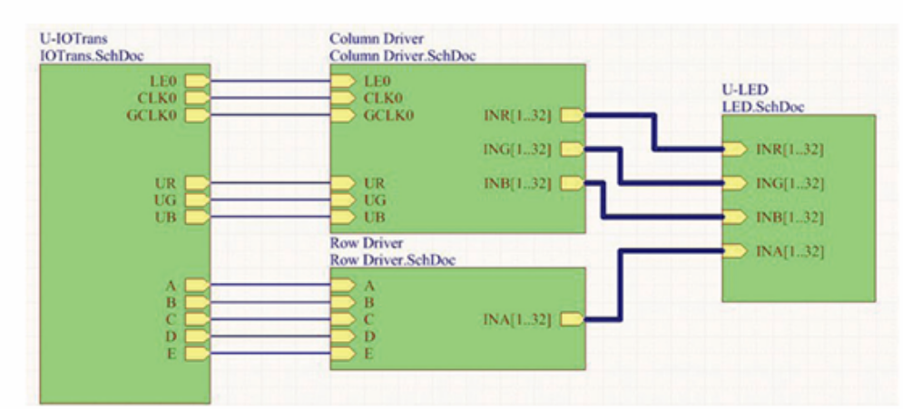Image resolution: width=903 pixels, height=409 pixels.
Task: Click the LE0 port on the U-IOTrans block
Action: click(197, 81)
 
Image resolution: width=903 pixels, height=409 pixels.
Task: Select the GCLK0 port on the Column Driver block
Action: click(343, 115)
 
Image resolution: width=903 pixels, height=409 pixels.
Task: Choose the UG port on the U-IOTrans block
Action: click(197, 200)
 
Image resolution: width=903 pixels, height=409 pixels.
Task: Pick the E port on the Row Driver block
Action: click(343, 354)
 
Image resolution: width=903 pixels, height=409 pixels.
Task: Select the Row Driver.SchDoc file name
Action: click(392, 259)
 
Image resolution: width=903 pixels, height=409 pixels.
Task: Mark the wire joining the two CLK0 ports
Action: click(270, 98)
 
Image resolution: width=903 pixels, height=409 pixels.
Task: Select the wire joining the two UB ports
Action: click(270, 218)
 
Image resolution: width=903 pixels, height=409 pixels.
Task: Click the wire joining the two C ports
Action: click(270, 319)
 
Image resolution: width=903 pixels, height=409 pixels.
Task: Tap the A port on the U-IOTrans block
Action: click(197, 285)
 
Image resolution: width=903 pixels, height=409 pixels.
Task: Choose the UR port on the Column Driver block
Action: click(343, 183)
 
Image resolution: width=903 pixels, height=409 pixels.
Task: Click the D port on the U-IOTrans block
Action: click(197, 336)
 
